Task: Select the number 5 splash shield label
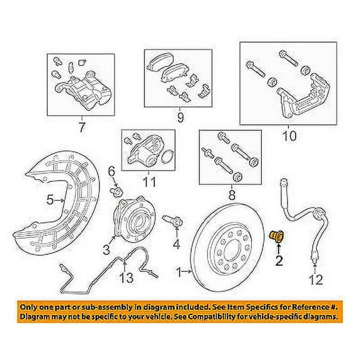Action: click(x=50, y=200)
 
